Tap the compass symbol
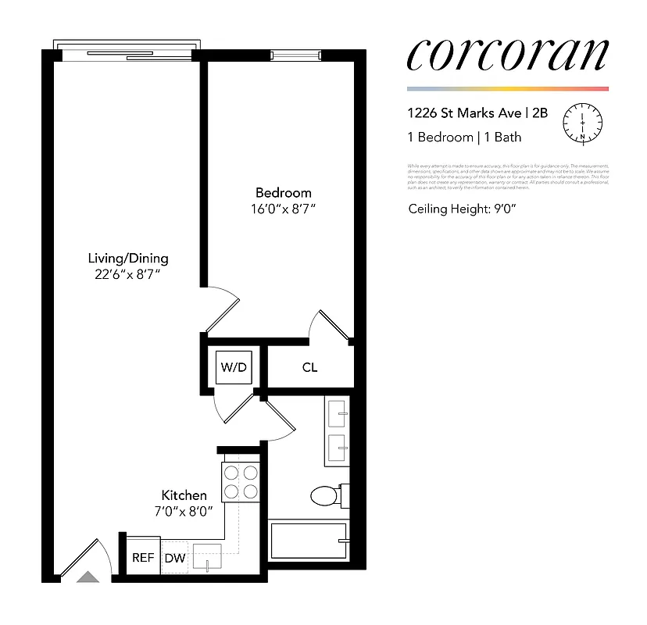pos(584,123)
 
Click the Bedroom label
pos(283,193)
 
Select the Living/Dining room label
pos(128,258)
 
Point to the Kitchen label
pos(184,495)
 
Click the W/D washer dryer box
pos(234,367)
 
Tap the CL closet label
pos(309,367)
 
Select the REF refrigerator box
pos(142,558)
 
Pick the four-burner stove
pos(241,481)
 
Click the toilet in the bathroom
pos(327,495)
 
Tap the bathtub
pos(308,541)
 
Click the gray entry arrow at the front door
pos(88,577)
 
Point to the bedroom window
pos(295,55)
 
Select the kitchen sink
pos(207,557)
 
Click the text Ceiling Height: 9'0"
pos(463,209)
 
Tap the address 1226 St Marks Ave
pos(466,112)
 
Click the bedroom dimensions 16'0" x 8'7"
pos(283,209)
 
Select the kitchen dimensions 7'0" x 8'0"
pos(184,511)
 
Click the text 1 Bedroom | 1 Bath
pos(464,137)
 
